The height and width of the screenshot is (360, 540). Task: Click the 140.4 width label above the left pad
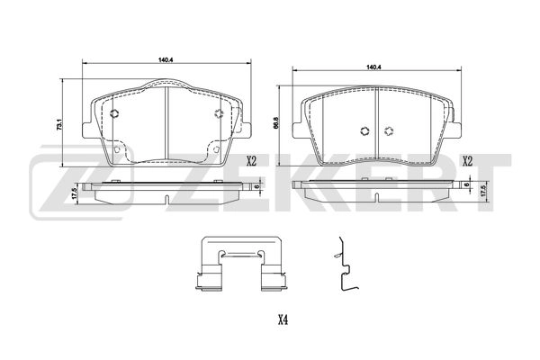pyautogui.click(x=165, y=59)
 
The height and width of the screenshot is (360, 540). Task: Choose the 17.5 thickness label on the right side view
pyautogui.click(x=484, y=192)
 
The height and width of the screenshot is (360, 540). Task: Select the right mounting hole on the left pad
pyautogui.click(x=219, y=113)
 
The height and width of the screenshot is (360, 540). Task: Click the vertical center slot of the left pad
pyautogui.click(x=168, y=126)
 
